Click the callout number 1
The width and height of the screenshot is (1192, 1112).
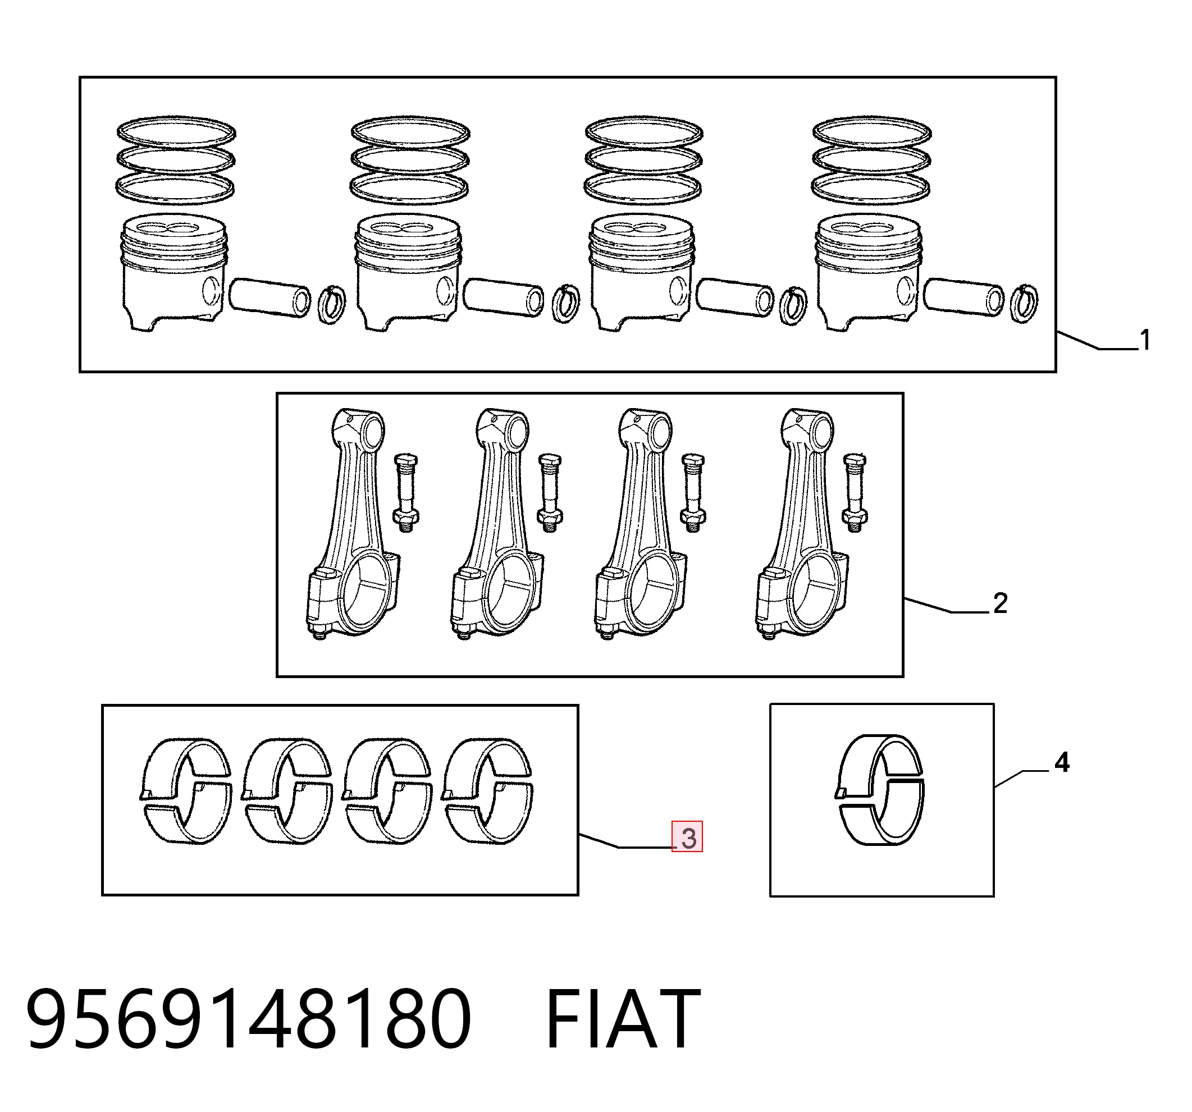coord(1145,340)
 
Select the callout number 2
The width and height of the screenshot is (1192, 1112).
coord(1000,603)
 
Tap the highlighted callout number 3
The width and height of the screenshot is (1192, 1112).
coord(688,839)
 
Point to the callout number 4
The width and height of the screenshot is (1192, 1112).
coord(1062,762)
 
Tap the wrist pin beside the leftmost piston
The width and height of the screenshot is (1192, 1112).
coord(270,298)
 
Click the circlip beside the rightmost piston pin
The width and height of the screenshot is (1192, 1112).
coord(1024,303)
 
